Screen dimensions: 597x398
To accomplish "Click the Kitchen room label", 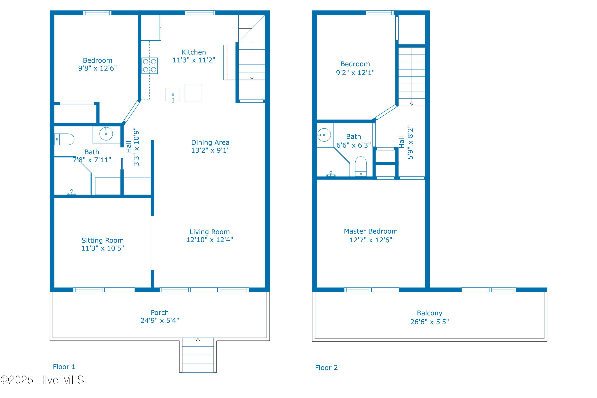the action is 194,52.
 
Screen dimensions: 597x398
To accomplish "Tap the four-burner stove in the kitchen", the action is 149,66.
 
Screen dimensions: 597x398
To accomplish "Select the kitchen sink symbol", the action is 173,95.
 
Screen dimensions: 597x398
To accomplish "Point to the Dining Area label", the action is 210,142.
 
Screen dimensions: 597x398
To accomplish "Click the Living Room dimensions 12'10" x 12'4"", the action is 210,240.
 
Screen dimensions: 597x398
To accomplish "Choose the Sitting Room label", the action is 102,240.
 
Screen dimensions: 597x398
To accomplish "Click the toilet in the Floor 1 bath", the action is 64,139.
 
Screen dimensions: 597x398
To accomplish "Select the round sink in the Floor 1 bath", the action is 106,134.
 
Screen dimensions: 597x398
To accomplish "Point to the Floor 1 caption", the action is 64,367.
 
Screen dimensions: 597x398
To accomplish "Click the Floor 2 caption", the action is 326,368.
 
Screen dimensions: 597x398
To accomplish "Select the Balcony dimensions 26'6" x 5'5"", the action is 429,322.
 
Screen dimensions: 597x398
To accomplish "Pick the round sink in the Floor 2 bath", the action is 324,135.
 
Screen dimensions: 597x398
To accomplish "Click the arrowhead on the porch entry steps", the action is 198,340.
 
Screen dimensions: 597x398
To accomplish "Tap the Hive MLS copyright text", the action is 42,380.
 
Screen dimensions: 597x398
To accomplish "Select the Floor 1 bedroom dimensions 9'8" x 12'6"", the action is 98,68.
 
